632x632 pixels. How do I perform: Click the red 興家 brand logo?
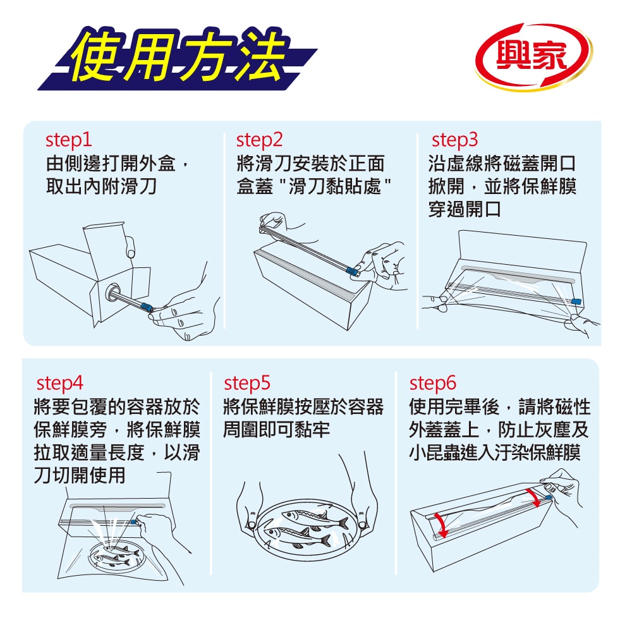(x=533, y=56)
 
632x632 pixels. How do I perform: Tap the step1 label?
(x=68, y=140)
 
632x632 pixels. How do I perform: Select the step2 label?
(x=259, y=140)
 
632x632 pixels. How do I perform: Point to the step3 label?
(x=454, y=140)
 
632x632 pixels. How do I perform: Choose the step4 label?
(x=59, y=384)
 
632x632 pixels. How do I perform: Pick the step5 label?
(x=247, y=384)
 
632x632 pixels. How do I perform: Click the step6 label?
(x=432, y=384)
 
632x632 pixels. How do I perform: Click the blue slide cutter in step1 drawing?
(x=147, y=307)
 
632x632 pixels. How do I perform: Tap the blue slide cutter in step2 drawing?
(x=353, y=270)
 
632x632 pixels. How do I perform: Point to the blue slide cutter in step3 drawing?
(x=576, y=301)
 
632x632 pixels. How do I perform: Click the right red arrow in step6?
(x=534, y=498)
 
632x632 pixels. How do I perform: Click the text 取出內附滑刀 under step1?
(x=101, y=186)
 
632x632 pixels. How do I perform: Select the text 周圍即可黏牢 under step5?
(x=277, y=430)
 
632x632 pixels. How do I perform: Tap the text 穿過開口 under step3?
(x=465, y=210)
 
